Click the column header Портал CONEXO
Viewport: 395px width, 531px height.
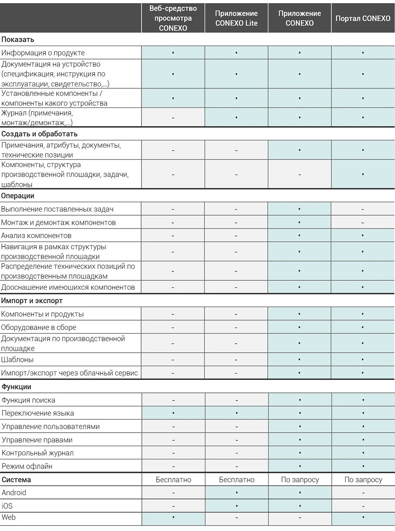(363, 18)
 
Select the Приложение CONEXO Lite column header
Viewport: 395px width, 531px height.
(236, 18)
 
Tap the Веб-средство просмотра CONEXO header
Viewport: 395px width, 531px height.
(173, 18)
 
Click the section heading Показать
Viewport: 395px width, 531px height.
(18, 39)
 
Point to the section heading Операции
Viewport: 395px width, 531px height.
(18, 196)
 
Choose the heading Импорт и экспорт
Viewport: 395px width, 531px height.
(32, 300)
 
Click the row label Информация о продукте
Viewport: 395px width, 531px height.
(43, 53)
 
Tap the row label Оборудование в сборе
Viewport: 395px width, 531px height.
(39, 327)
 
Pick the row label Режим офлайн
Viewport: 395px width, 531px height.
(27, 466)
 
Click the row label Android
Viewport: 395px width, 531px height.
(14, 493)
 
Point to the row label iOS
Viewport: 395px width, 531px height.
(7, 506)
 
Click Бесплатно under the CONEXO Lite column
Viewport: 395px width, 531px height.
(237, 480)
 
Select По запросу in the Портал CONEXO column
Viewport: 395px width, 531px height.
(363, 480)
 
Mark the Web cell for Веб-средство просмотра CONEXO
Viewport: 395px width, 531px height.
(173, 517)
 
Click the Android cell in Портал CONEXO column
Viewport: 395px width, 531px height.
(363, 493)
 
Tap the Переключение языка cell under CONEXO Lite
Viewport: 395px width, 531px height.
(237, 413)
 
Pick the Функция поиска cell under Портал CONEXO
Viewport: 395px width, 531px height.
(363, 400)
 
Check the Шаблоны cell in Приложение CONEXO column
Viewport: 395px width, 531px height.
(299, 360)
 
